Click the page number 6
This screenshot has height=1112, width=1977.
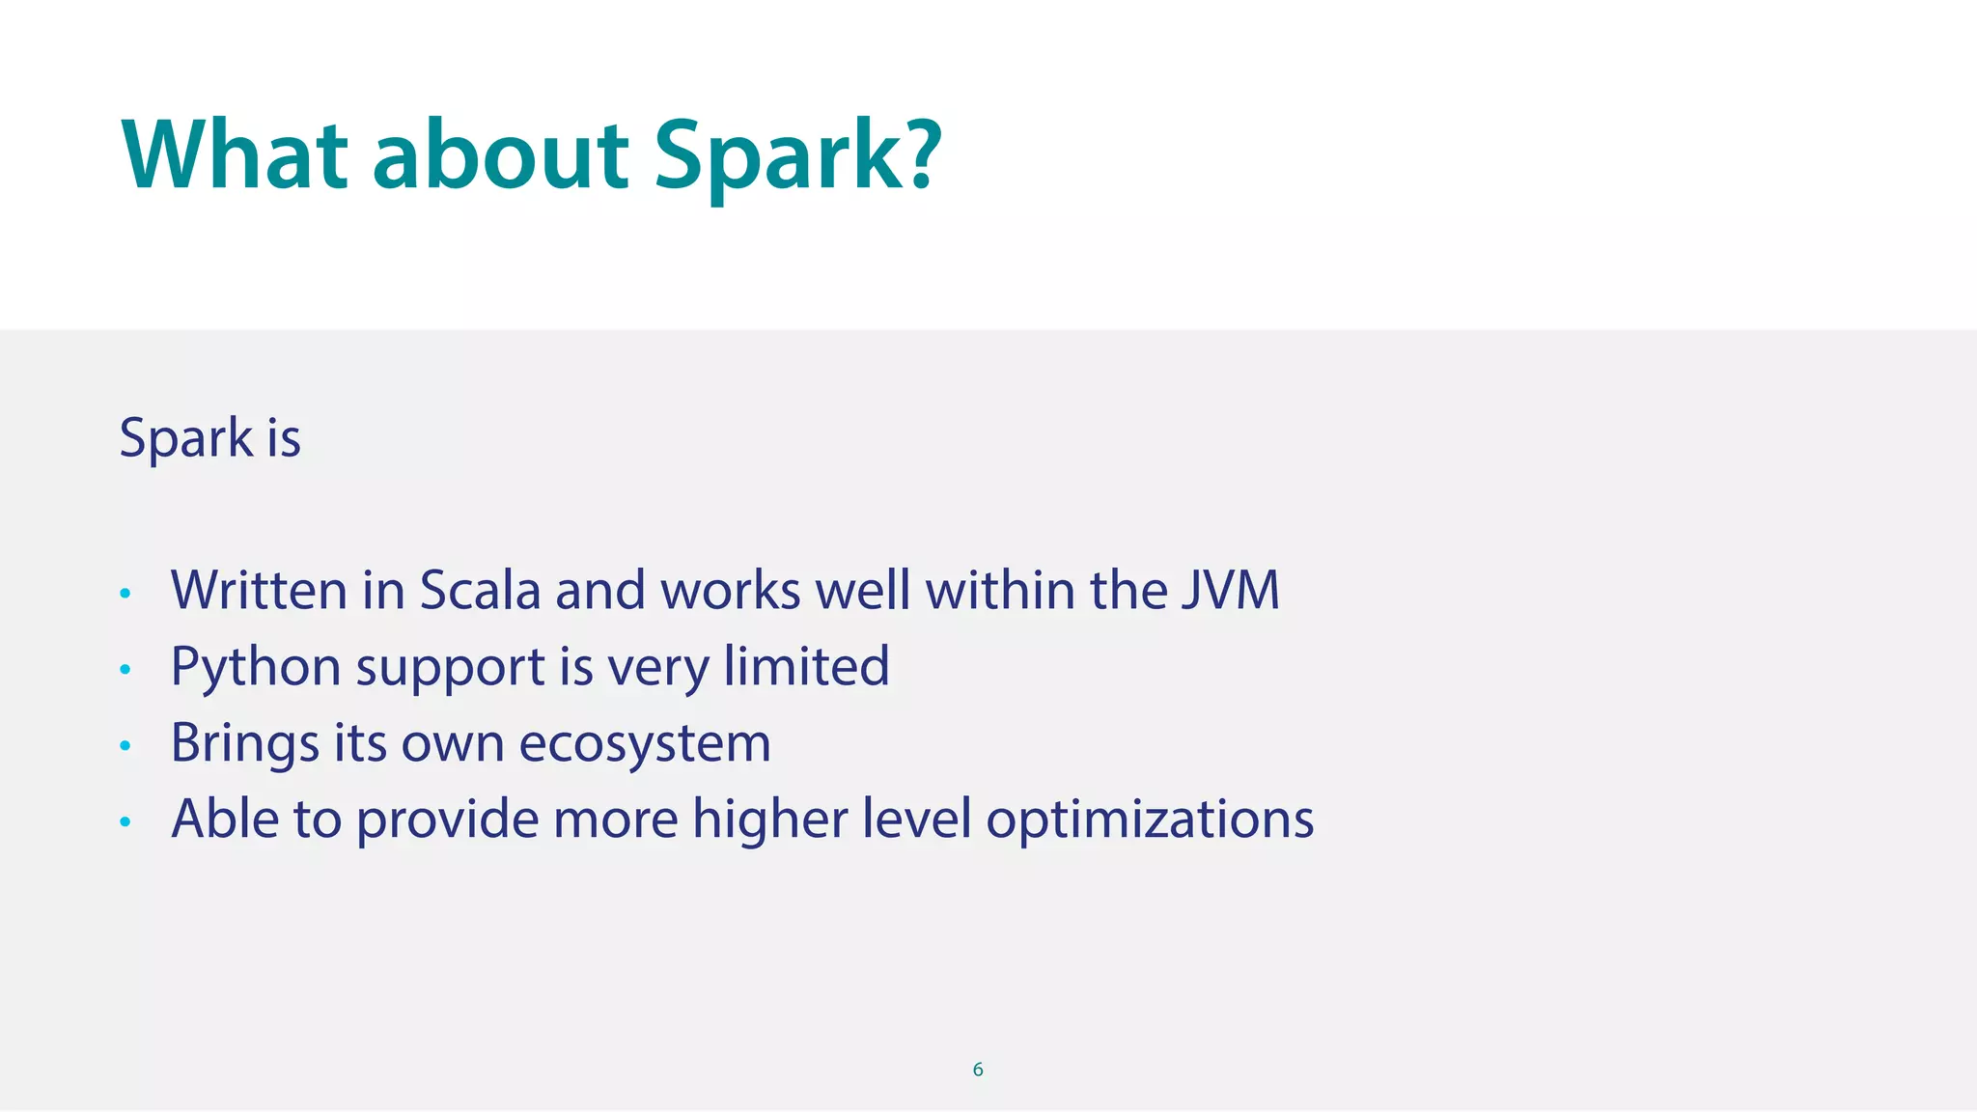[978, 1070]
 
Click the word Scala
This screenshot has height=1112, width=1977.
[480, 590]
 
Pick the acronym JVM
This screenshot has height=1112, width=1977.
[1231, 590]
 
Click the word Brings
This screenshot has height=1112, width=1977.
[244, 744]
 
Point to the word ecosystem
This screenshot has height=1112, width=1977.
[645, 744]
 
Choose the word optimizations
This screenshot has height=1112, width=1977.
[1150, 820]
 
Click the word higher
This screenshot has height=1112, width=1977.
[769, 820]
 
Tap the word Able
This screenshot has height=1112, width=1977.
[225, 819]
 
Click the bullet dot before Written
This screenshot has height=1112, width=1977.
[125, 593]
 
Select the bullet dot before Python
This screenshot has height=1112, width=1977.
[125, 669]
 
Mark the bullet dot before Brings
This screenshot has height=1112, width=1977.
[125, 745]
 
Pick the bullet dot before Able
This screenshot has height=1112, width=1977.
[125, 821]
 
